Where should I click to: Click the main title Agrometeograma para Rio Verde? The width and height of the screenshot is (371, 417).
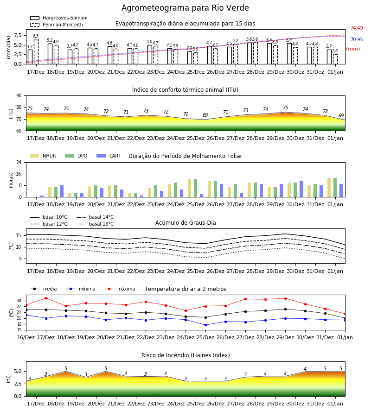(x=185, y=8)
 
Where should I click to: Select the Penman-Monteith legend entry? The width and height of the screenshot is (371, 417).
(x=57, y=25)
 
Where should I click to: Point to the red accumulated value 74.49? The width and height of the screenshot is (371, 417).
(x=357, y=28)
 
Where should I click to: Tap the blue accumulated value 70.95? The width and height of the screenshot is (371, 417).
(x=357, y=40)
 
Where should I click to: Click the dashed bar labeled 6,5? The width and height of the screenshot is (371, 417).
(x=36, y=51)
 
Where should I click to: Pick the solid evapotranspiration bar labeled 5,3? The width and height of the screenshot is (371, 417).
(x=50, y=54)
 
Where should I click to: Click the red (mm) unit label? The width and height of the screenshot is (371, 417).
(x=353, y=49)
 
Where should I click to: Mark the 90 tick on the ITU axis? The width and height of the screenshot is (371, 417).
(x=19, y=96)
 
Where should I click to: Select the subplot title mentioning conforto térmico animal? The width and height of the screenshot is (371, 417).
(x=185, y=89)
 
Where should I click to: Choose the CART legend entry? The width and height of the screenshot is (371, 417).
(x=109, y=156)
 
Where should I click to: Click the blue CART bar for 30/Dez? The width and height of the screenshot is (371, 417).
(x=301, y=189)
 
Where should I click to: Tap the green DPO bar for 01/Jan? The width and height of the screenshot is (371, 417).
(x=335, y=188)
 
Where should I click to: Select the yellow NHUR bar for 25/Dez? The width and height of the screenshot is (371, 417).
(x=190, y=188)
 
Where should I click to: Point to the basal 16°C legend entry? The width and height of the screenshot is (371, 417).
(x=95, y=224)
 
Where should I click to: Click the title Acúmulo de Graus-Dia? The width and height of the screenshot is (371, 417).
(x=185, y=222)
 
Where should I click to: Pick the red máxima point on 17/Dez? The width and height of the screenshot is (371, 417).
(x=46, y=298)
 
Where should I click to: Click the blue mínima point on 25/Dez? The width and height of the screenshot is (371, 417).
(x=205, y=325)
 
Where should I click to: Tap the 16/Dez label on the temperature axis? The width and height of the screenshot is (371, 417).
(x=26, y=337)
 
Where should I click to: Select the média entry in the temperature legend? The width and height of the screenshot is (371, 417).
(x=44, y=289)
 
